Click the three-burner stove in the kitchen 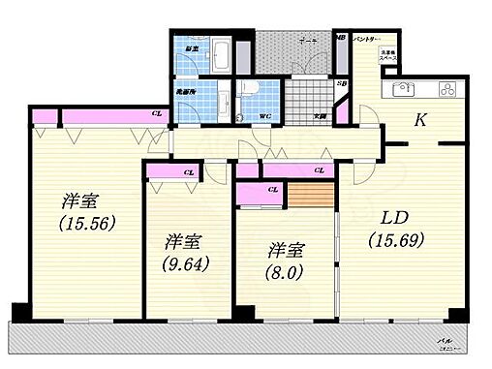tap(449, 90)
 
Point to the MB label tap(340, 38)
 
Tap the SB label tap(341, 83)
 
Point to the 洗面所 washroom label tap(186, 92)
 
